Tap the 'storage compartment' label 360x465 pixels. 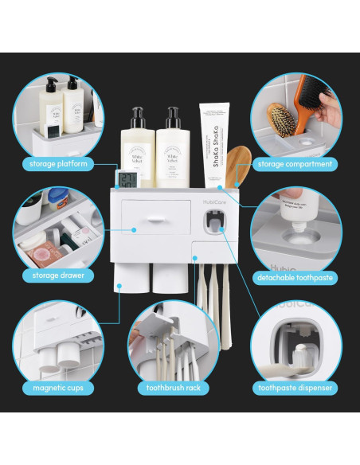point(295,164)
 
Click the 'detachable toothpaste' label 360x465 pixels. point(294,277)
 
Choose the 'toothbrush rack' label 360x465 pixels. point(173,389)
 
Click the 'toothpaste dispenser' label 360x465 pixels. point(294,389)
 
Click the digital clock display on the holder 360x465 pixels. point(127,179)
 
